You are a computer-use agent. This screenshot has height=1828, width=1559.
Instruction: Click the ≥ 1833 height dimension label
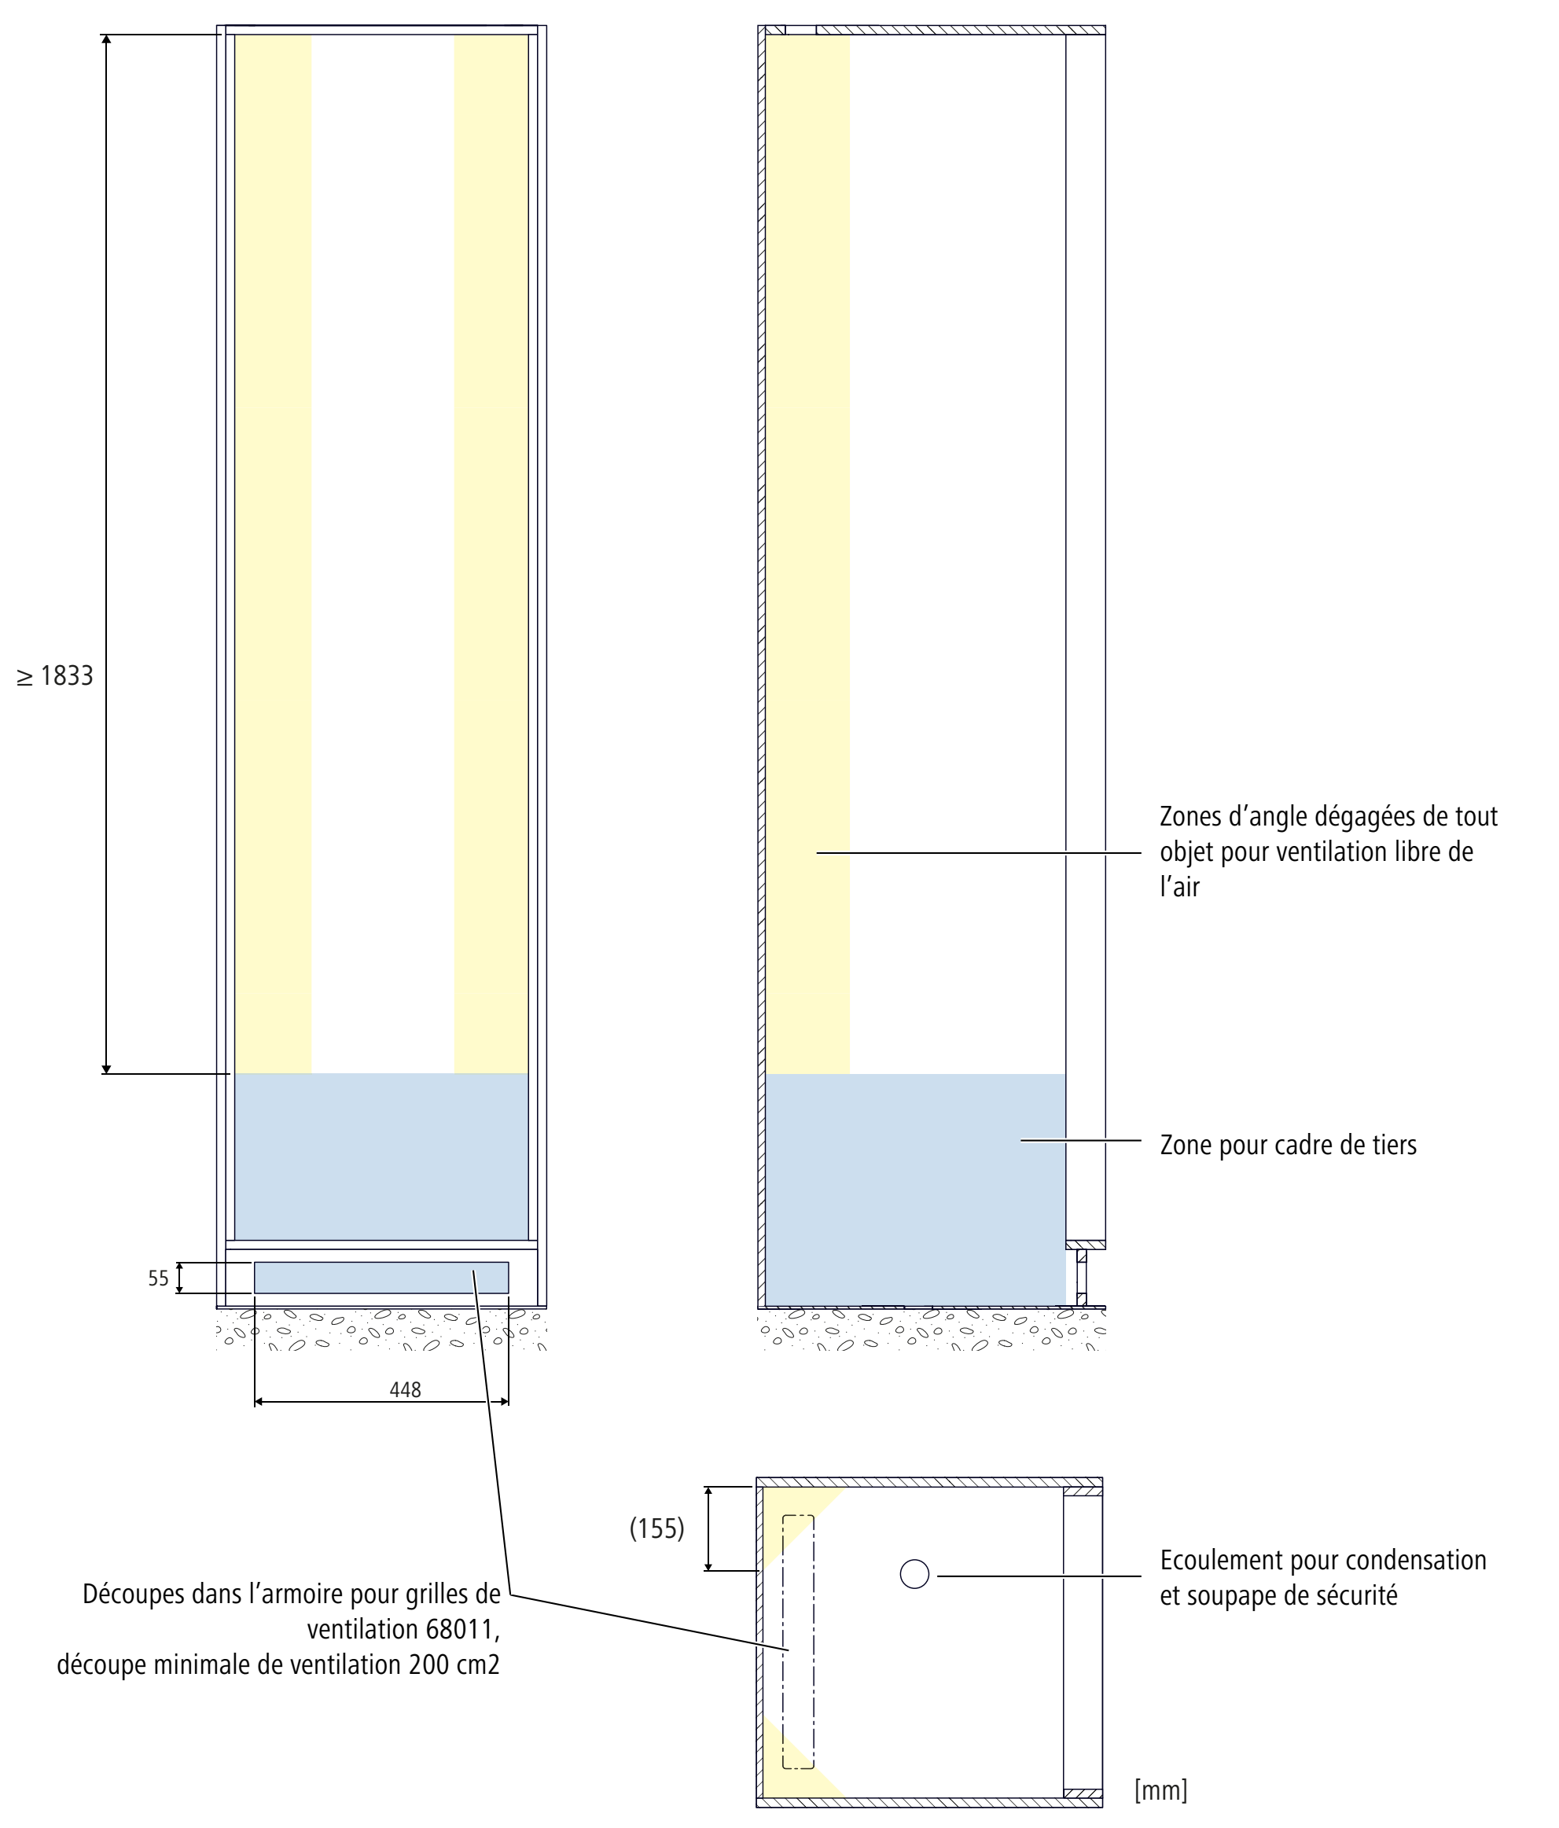(x=55, y=676)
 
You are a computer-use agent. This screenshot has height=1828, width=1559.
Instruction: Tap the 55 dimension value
(x=158, y=1278)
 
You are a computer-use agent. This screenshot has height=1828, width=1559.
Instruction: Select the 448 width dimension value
(x=405, y=1389)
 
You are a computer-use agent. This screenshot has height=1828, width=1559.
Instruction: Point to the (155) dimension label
(x=656, y=1528)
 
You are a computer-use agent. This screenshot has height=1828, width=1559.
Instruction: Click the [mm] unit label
(x=1160, y=1790)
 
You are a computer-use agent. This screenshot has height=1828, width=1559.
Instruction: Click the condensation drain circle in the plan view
(x=914, y=1574)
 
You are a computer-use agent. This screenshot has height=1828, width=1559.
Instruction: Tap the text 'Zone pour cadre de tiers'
(x=1287, y=1145)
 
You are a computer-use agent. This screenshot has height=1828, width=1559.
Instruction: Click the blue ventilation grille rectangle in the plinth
(x=381, y=1278)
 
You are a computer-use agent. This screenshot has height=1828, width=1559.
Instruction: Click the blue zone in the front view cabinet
(x=381, y=1156)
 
